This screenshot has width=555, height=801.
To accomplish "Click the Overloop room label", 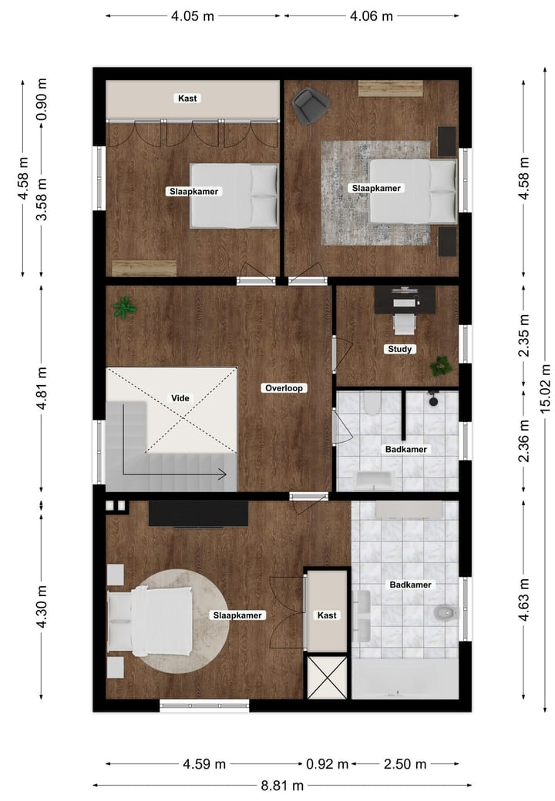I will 284,388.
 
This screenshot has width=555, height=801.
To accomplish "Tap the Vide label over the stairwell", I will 180,398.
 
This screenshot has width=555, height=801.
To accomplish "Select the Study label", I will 400,349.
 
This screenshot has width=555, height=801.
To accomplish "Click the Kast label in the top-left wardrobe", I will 187,99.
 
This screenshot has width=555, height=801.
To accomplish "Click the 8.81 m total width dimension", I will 282,786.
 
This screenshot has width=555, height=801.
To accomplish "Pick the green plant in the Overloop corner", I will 123,308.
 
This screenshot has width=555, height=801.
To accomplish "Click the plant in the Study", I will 441,365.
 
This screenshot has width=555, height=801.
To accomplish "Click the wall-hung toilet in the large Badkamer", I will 444,614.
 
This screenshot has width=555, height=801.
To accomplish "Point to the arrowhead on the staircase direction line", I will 224,474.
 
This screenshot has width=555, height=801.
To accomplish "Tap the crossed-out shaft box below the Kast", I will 327,677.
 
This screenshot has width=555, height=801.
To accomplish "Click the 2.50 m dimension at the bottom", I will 405,765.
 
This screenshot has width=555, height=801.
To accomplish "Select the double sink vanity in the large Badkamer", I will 362,616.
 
